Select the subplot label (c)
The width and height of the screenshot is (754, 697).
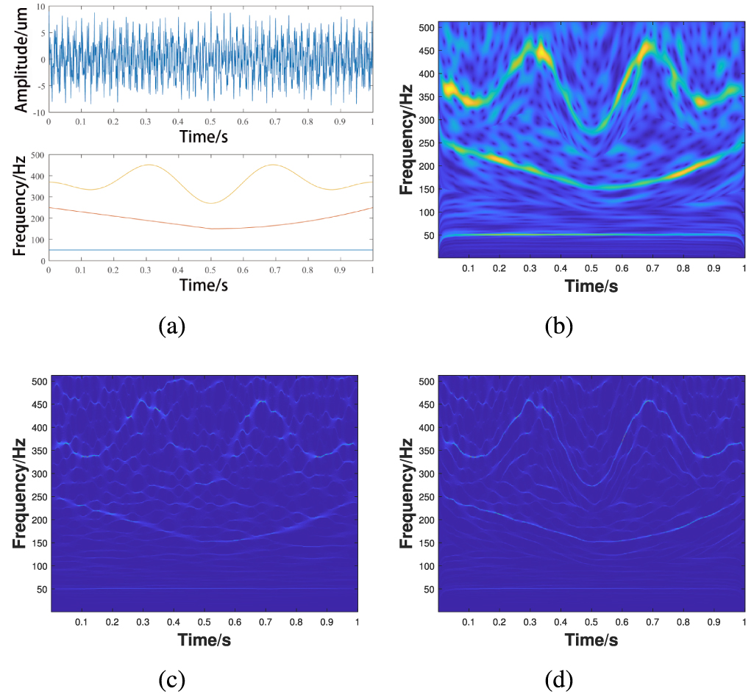[173, 681]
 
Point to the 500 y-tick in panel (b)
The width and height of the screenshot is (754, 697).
[424, 27]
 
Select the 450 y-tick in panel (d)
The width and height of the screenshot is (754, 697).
[424, 404]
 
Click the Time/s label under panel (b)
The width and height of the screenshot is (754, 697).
[591, 287]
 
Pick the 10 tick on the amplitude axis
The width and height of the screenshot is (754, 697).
[40, 7]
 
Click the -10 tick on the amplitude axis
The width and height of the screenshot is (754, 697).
[38, 112]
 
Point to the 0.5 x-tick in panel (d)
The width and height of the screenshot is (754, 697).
[591, 622]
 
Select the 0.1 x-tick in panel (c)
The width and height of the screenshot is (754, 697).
[81, 622]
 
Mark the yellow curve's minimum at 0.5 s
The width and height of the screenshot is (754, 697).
[211, 204]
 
